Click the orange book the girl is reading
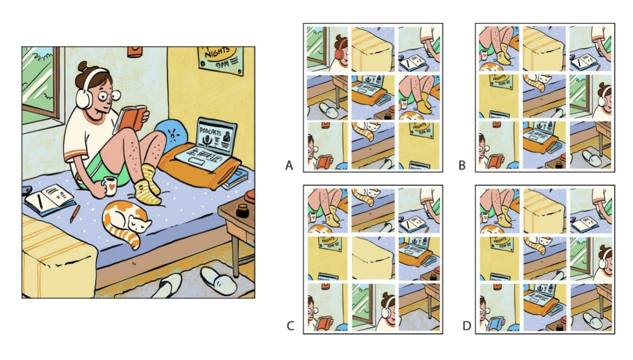[131, 117]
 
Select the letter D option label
[466, 327]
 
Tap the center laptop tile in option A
[373, 97]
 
